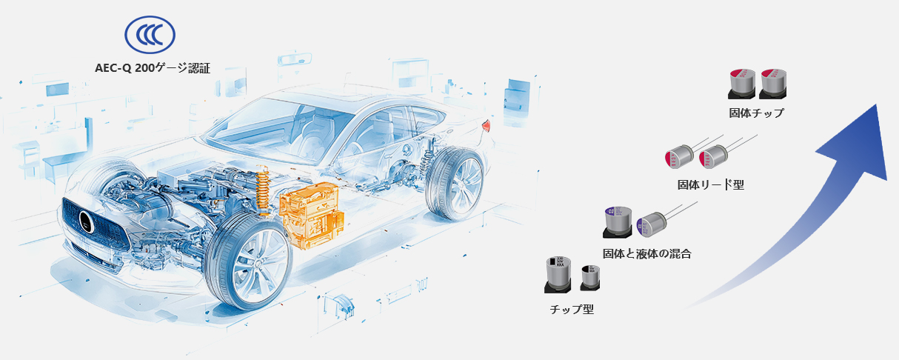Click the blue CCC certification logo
click(150, 35)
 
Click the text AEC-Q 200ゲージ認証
click(153, 68)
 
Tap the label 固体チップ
click(756, 113)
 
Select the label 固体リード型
click(711, 184)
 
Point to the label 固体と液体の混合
click(647, 253)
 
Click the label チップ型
click(572, 310)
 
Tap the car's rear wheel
click(455, 183)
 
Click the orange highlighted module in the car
click(311, 215)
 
